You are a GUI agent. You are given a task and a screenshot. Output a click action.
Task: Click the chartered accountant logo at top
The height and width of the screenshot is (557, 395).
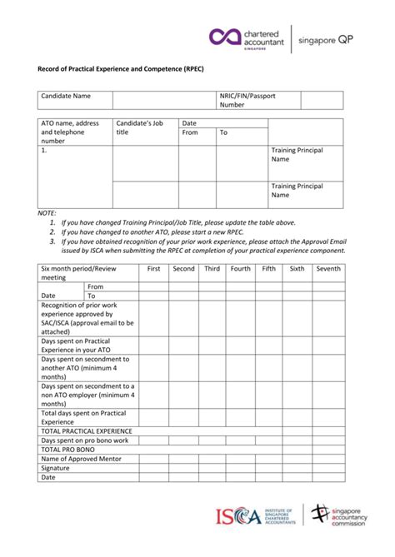tap(247, 37)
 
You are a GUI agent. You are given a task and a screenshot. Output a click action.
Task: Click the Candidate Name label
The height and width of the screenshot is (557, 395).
tap(66, 97)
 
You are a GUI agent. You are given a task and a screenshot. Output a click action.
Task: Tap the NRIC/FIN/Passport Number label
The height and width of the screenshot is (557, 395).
tap(247, 101)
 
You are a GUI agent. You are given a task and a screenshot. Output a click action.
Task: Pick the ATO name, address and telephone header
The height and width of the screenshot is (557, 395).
tap(71, 132)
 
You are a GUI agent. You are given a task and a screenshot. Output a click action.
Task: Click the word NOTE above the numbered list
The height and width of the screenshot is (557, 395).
tap(47, 213)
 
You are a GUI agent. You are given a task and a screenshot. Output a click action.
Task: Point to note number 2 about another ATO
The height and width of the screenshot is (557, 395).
tap(167, 232)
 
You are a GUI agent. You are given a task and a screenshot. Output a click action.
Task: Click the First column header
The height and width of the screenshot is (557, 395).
tap(153, 269)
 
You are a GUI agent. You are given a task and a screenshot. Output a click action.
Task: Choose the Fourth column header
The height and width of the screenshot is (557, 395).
tap(240, 269)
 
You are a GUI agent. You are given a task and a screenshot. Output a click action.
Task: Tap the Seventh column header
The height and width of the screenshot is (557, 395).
tap(327, 269)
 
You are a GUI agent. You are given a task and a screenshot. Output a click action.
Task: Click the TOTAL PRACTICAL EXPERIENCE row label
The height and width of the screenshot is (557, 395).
tap(87, 431)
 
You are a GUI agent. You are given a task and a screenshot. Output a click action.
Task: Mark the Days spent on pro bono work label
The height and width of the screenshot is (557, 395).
tap(85, 440)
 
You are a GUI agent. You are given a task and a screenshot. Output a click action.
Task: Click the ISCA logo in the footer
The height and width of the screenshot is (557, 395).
tap(248, 517)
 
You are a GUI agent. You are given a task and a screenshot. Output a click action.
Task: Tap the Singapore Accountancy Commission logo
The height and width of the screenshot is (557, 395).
tap(342, 517)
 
